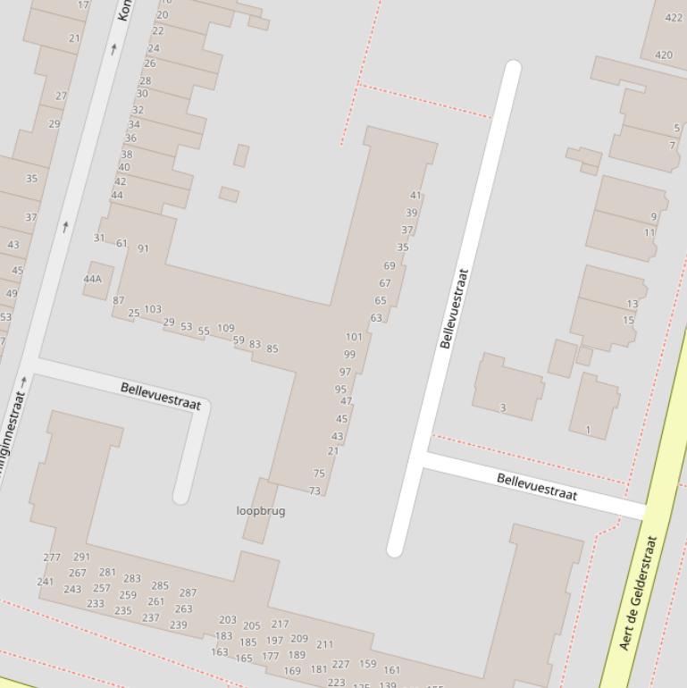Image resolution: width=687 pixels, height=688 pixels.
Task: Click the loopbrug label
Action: coord(261,511)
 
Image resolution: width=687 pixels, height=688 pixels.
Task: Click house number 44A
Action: coord(93,279)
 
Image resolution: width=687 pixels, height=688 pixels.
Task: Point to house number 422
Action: coord(674,17)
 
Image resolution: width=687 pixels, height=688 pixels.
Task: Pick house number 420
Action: coord(664,55)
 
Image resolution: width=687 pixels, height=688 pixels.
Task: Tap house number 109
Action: coord(226,328)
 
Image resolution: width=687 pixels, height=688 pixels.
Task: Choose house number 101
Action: coord(355,337)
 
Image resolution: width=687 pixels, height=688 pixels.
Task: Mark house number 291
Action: coord(81,557)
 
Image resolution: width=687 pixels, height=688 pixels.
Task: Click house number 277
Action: coord(52,557)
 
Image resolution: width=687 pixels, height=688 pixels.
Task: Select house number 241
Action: coord(46,582)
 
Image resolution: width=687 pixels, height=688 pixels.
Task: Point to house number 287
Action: coord(188,592)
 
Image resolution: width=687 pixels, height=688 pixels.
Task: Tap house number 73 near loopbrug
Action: coord(314,491)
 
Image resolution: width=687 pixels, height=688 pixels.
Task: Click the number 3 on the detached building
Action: coord(503,407)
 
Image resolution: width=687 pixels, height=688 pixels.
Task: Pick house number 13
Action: coord(633,304)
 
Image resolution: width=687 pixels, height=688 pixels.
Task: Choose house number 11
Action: coord(649,232)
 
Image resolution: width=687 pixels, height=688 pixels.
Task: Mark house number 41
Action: coord(415,195)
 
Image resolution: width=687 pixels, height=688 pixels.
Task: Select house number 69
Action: coord(390,265)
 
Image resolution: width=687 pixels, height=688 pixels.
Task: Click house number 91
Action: coord(143,248)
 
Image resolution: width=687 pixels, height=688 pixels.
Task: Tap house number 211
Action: coord(324,643)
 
